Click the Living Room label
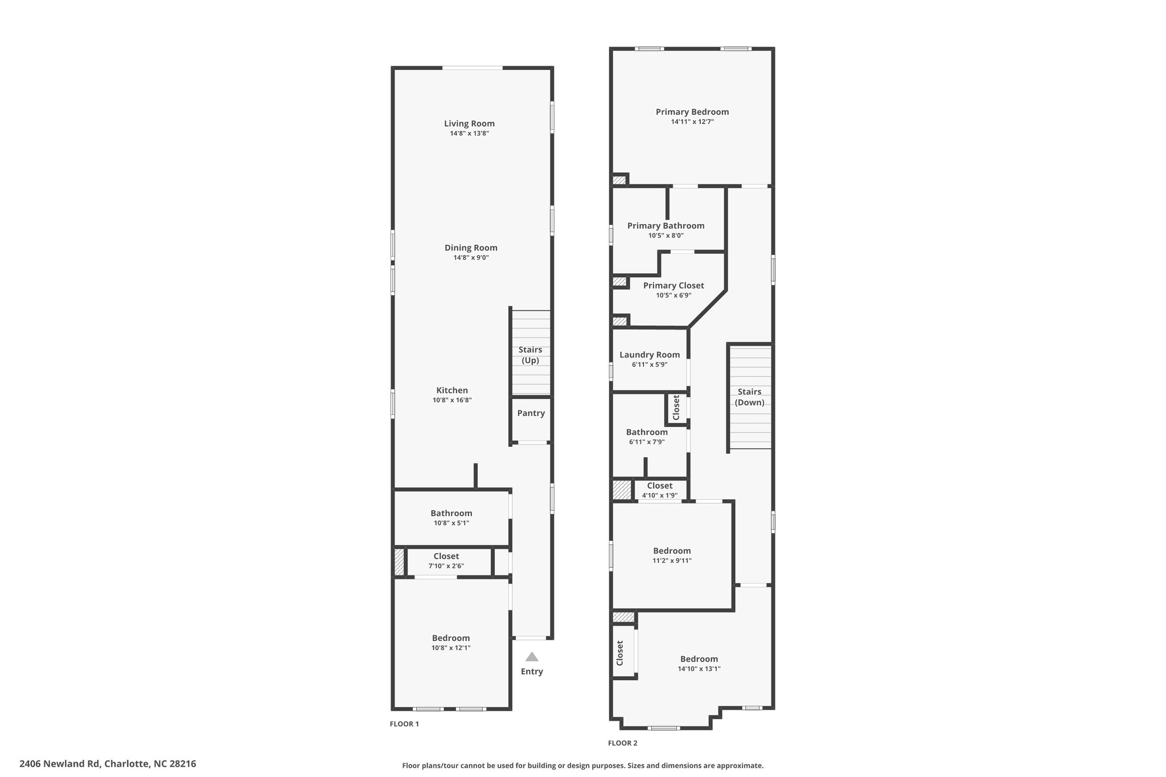(x=469, y=124)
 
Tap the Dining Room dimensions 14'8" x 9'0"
(x=471, y=257)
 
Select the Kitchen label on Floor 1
(x=452, y=390)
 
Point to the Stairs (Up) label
(x=530, y=355)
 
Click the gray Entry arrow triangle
(x=532, y=656)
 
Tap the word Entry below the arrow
(x=532, y=672)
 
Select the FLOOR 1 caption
(x=404, y=724)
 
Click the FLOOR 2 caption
(x=623, y=743)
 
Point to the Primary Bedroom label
(x=692, y=112)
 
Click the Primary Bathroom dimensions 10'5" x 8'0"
(x=666, y=236)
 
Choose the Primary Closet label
(x=674, y=286)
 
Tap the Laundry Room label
(x=650, y=355)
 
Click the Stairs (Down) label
(x=749, y=397)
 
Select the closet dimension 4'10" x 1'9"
(x=660, y=495)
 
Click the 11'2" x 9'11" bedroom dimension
(x=672, y=561)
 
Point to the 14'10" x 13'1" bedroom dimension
(x=699, y=669)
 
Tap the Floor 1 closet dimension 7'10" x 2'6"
(x=446, y=566)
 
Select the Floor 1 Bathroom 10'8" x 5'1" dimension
(x=451, y=523)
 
